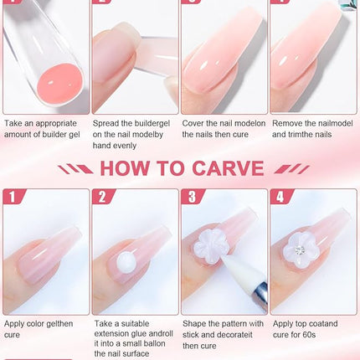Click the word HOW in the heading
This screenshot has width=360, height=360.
click(x=131, y=168)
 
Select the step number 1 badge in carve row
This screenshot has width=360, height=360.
click(x=13, y=198)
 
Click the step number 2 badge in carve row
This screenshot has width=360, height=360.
click(x=102, y=198)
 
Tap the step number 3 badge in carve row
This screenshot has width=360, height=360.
click(x=191, y=198)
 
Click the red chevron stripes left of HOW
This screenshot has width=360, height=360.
click(x=81, y=168)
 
